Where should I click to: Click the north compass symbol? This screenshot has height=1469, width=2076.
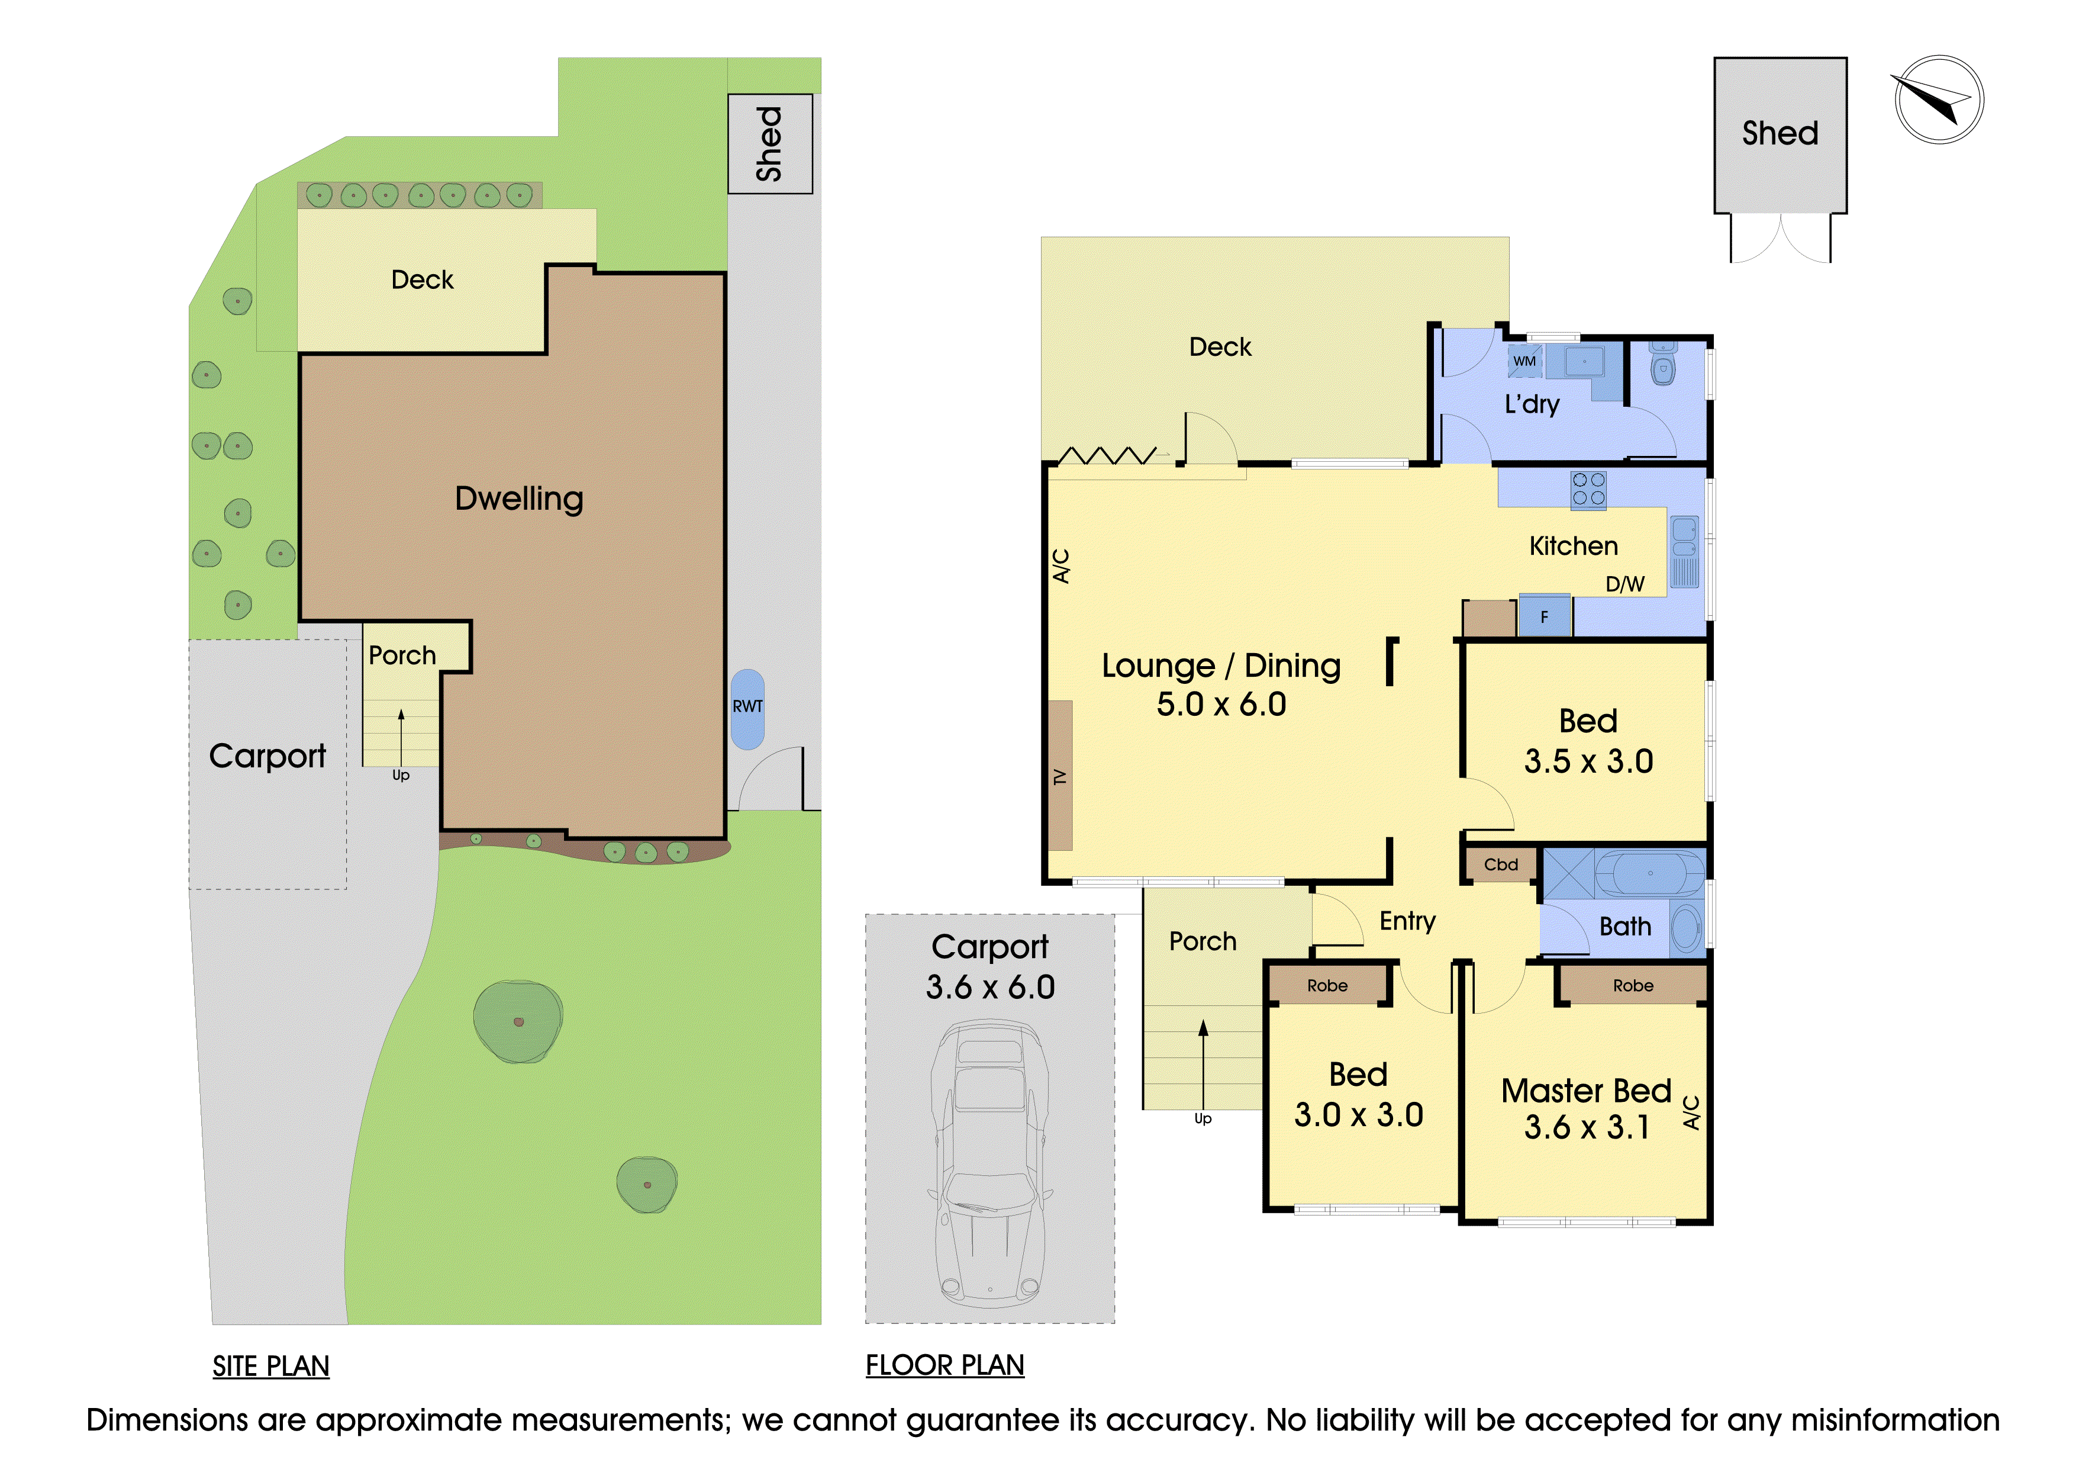1939,99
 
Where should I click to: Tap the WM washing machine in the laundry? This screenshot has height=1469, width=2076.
1524,361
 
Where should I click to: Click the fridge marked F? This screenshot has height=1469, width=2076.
1545,617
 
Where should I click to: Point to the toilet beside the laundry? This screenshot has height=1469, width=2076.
1663,365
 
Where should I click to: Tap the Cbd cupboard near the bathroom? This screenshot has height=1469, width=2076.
1500,864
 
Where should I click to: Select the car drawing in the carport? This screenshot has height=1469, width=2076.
990,1162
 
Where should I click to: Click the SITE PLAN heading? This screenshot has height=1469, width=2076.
270,1366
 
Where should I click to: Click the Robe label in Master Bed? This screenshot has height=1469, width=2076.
1633,985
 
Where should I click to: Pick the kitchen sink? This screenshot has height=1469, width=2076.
1684,552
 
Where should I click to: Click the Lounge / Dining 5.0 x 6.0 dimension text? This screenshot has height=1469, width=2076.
1221,705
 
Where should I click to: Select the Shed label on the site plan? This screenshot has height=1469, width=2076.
769,144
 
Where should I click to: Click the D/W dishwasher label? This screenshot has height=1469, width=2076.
1625,584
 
